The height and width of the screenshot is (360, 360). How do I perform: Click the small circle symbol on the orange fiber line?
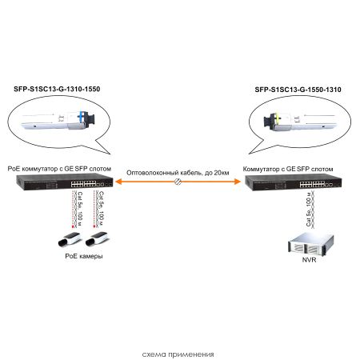pyautogui.click(x=178, y=183)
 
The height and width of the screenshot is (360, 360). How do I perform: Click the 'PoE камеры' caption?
pyautogui.click(x=83, y=257)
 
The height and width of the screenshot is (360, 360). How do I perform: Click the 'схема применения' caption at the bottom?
pyautogui.click(x=178, y=353)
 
